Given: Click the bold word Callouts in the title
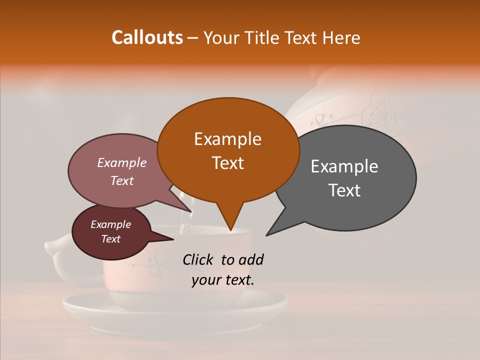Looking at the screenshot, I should (x=147, y=37).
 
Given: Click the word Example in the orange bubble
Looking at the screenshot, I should (x=227, y=139).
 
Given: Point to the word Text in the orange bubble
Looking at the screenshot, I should (x=227, y=163).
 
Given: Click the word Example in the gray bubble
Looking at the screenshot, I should (x=344, y=166).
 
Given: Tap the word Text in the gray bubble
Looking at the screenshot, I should (x=344, y=190).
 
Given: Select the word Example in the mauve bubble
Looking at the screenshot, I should (x=122, y=162).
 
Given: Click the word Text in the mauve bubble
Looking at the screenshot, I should (x=122, y=180).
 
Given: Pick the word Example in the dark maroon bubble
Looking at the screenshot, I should (x=110, y=224).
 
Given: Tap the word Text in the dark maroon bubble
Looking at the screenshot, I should (x=110, y=239).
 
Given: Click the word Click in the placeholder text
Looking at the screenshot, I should (x=198, y=259).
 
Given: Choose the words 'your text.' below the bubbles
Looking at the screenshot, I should (x=222, y=280).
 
